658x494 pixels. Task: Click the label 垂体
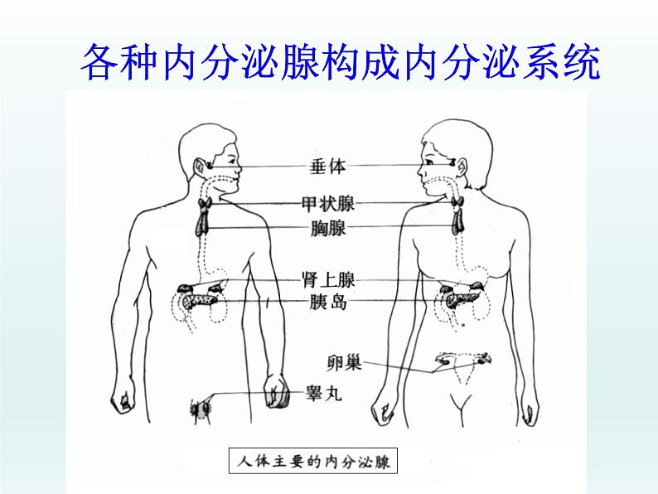323,167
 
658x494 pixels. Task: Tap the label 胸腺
323,228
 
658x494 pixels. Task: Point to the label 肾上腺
328,281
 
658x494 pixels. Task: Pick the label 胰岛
323,302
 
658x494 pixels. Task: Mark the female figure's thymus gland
457,221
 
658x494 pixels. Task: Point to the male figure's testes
201,407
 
